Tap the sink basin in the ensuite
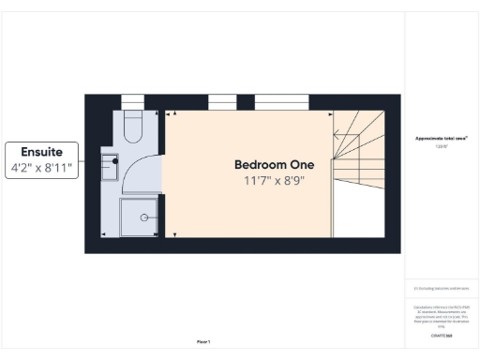[x=110, y=166]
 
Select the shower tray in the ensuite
[x=138, y=217]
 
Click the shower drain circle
[x=144, y=217]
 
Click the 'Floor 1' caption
[x=203, y=341]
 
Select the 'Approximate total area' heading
[x=441, y=138]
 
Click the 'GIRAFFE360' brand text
[x=441, y=334]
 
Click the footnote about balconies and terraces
[x=441, y=288]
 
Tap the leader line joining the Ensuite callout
[x=86, y=161]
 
